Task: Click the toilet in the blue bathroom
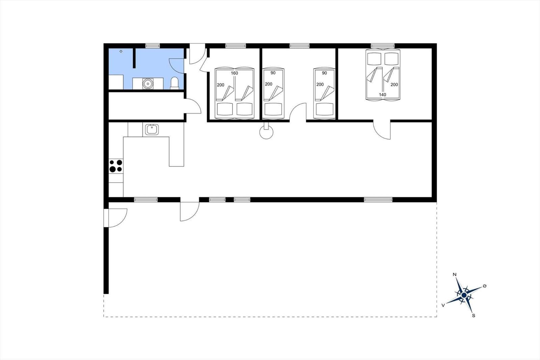pos(174,83)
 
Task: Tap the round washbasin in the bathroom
pos(147,84)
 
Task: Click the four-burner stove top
pos(116,166)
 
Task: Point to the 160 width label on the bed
pos(234,73)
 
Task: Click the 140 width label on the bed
pos(382,95)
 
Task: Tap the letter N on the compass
pos(455,274)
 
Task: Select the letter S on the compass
pos(474,316)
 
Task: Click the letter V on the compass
pos(443,306)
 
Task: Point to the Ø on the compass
pos(485,286)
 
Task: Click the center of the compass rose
pos(464,295)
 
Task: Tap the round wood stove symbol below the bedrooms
pos(266,132)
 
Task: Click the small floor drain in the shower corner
pos(121,51)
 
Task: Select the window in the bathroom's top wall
pos(153,46)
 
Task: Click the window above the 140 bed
pos(383,46)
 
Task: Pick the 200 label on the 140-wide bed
pos(394,85)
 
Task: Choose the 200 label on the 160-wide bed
pos(221,85)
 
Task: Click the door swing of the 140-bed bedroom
pos(382,131)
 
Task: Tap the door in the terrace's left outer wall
pos(115,218)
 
